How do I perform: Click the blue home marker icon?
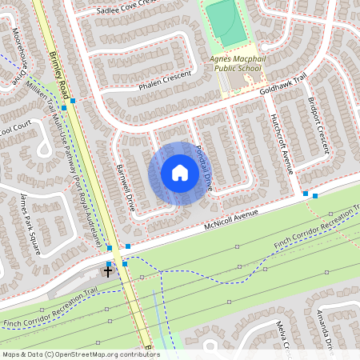(x=180, y=173)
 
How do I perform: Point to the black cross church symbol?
(x=108, y=272)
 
